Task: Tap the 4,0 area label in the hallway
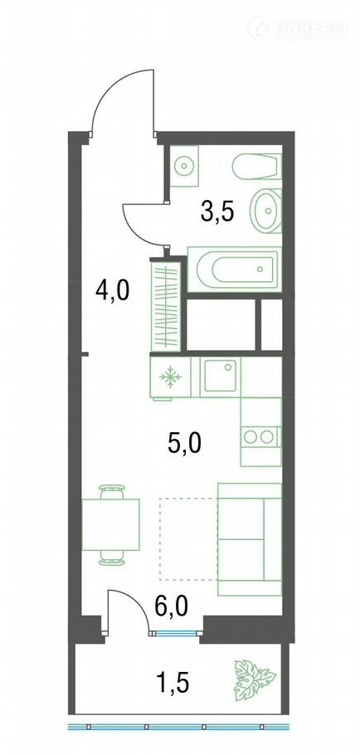(x=112, y=291)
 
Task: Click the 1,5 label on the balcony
(x=172, y=682)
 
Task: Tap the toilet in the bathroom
(x=256, y=166)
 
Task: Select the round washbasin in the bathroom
(x=265, y=211)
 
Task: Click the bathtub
(x=233, y=270)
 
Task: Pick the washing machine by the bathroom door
(x=184, y=167)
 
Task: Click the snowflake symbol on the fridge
(x=170, y=377)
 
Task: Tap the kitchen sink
(x=220, y=376)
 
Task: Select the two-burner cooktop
(x=260, y=436)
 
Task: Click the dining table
(x=110, y=525)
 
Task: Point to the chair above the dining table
(x=112, y=492)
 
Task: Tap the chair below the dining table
(x=112, y=558)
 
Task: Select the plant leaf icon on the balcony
(x=255, y=679)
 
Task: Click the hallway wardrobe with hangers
(x=166, y=305)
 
